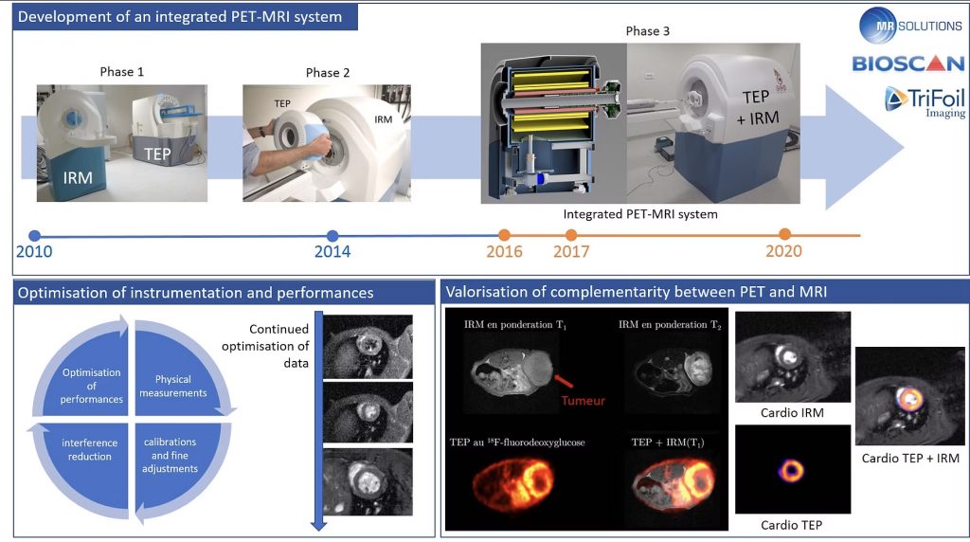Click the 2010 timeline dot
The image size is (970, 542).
pyautogui.click(x=35, y=236)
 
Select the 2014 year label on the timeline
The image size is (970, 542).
pyautogui.click(x=332, y=252)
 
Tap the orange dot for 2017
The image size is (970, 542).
pyautogui.click(x=571, y=235)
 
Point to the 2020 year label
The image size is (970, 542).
pyautogui.click(x=783, y=251)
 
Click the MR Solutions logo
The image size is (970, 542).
pyautogui.click(x=910, y=26)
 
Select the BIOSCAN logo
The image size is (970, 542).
pyautogui.click(x=908, y=63)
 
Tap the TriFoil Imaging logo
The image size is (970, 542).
pyautogui.click(x=925, y=101)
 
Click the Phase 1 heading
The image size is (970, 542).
pyautogui.click(x=122, y=72)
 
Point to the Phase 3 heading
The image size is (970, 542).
pyautogui.click(x=648, y=31)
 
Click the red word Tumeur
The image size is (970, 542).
pyautogui.click(x=583, y=401)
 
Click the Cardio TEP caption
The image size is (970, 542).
pyautogui.click(x=791, y=525)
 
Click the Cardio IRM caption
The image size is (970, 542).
pyautogui.click(x=792, y=413)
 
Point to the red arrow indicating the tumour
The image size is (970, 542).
pyautogui.click(x=563, y=380)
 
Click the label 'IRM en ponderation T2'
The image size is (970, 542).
pyautogui.click(x=670, y=325)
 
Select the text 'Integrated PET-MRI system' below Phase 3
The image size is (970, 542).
pyautogui.click(x=640, y=214)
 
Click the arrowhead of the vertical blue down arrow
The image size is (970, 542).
pyautogui.click(x=318, y=526)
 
